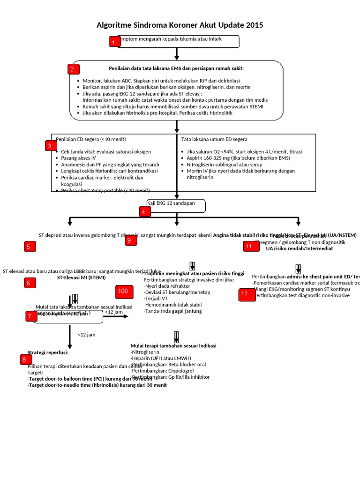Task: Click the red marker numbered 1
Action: point(114,42)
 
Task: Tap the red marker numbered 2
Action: point(72,69)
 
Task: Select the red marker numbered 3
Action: point(49,146)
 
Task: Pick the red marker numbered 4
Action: point(144,211)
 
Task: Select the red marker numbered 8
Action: point(23,360)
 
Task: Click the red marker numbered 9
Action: point(131,240)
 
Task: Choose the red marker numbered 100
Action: point(123,292)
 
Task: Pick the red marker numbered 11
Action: point(248,246)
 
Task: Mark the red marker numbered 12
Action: point(244,294)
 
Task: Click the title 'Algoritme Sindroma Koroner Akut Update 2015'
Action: point(180,25)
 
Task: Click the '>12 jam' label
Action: point(114,311)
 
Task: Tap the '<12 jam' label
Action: point(86,335)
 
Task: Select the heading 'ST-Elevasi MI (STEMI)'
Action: point(82,277)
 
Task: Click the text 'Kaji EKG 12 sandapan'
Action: point(171,203)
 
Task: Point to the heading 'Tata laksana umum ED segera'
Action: point(214,139)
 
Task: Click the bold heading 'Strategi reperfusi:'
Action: point(48,352)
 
